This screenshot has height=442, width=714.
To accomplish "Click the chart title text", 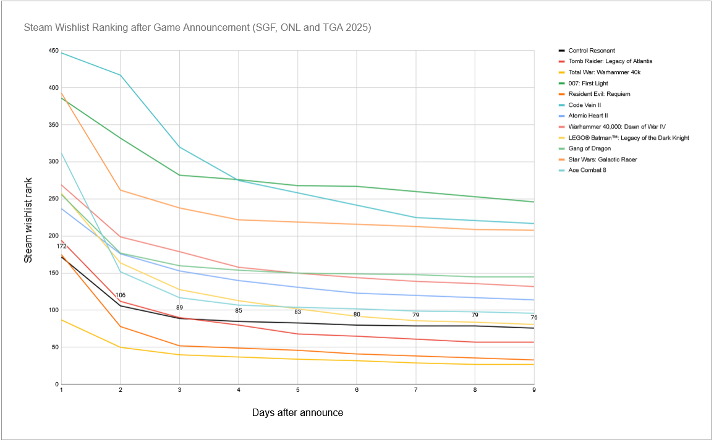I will point(197,28).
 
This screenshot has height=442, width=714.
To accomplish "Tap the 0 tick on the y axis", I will point(56,385).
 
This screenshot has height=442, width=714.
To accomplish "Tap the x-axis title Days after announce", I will point(297,412).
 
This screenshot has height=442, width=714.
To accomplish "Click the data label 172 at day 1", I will point(62,247).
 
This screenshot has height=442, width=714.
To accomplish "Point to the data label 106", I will point(121,295).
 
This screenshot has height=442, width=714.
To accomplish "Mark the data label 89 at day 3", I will point(179,308).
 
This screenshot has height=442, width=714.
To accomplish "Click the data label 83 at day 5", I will point(298,312).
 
